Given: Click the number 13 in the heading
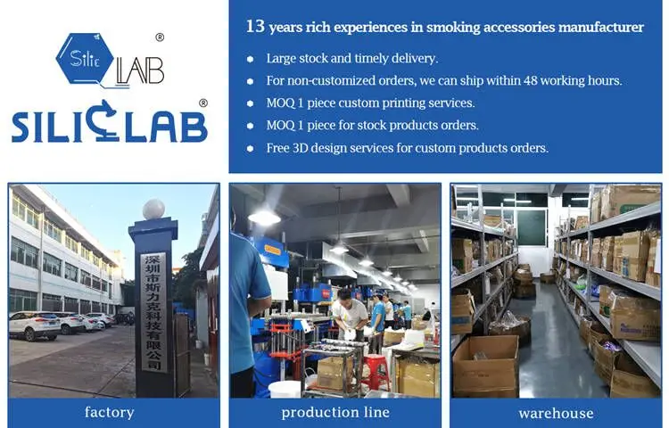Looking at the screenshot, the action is tap(255, 27).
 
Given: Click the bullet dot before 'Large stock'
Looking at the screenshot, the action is tap(251, 59).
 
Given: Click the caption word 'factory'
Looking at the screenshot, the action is tap(109, 413).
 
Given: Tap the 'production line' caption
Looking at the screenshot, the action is tap(335, 412).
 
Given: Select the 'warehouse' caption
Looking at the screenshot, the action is tap(556, 413).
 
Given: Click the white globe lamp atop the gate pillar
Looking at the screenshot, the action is tap(153, 209).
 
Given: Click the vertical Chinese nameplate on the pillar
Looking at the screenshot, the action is tap(153, 312).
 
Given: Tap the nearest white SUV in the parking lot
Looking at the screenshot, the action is tap(35, 325).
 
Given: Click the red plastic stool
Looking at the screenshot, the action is tap(376, 372).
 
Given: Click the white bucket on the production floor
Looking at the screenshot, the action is tap(285, 389).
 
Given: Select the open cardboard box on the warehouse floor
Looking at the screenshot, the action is tap(486, 366).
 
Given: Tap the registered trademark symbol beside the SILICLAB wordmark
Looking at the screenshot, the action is tap(203, 103).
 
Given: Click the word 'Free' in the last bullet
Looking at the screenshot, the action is tap(277, 148).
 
